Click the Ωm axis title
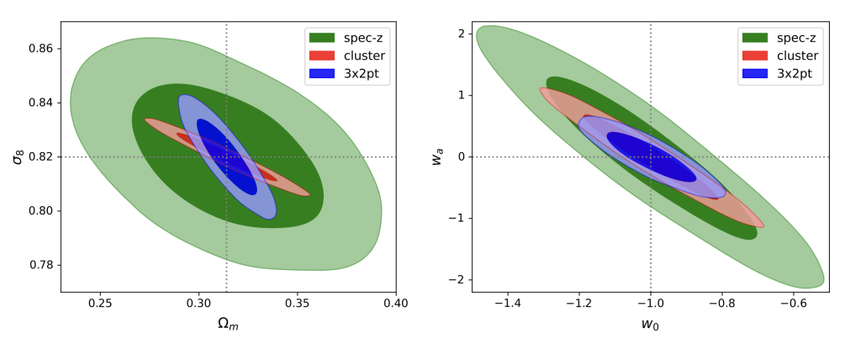coord(229,322)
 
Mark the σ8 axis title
coord(18,156)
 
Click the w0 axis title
coord(651,322)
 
